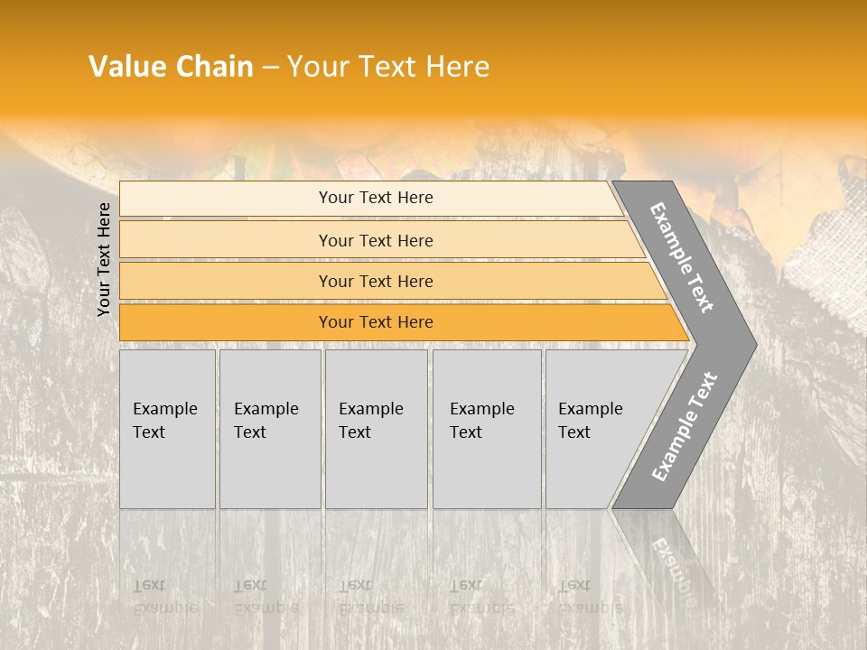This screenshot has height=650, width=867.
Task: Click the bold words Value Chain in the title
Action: pyautogui.click(x=171, y=67)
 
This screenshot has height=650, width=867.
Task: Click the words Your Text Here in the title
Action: pyautogui.click(x=388, y=67)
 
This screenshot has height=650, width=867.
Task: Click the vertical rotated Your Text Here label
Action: pyautogui.click(x=104, y=259)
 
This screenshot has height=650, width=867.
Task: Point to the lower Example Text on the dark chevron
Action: pyautogui.click(x=684, y=427)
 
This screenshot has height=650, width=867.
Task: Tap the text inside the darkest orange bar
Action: pyautogui.click(x=376, y=322)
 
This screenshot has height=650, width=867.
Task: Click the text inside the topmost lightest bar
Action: pyautogui.click(x=376, y=198)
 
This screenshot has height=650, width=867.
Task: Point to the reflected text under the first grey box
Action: pyautogui.click(x=164, y=597)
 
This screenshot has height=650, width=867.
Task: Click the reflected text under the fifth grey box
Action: pyautogui.click(x=590, y=597)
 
